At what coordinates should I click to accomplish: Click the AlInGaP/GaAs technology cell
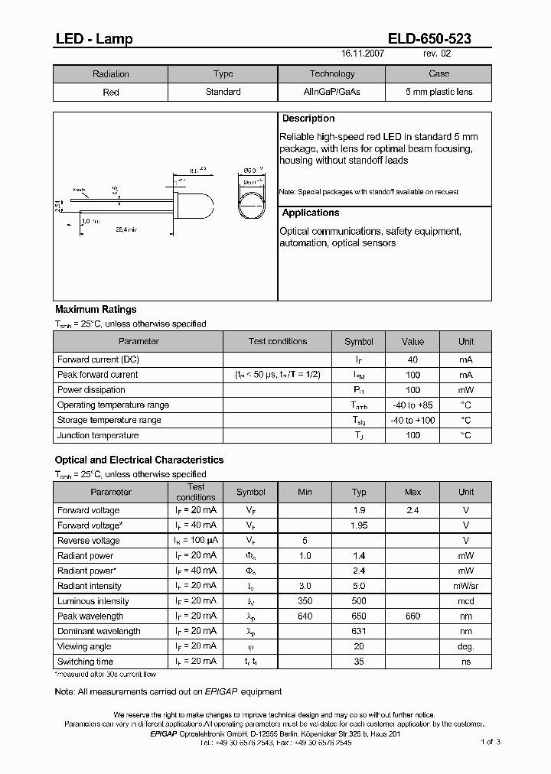pyautogui.click(x=331, y=92)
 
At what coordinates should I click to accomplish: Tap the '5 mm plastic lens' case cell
pyautogui.click(x=439, y=92)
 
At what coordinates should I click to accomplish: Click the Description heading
pyautogui.click(x=308, y=119)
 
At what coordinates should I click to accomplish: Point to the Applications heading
pyautogui.click(x=311, y=213)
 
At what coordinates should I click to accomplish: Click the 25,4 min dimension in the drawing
pyautogui.click(x=126, y=229)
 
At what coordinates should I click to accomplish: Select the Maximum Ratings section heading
pyautogui.click(x=96, y=310)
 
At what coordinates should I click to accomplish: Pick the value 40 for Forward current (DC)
pyautogui.click(x=412, y=359)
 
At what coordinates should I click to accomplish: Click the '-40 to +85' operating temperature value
pyautogui.click(x=412, y=405)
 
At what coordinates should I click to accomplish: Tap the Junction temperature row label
pyautogui.click(x=98, y=436)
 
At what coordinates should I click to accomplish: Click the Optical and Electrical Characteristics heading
pyautogui.click(x=139, y=460)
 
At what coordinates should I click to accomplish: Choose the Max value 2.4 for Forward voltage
pyautogui.click(x=413, y=510)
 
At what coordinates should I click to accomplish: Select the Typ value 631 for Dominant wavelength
pyautogui.click(x=359, y=632)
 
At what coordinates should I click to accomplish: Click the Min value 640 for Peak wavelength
pyautogui.click(x=305, y=616)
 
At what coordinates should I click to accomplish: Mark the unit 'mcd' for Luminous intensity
pyautogui.click(x=466, y=601)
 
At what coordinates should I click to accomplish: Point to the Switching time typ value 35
pyautogui.click(x=359, y=662)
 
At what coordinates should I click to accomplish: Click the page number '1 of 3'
pyautogui.click(x=491, y=741)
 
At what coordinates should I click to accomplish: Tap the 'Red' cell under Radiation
pyautogui.click(x=111, y=92)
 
